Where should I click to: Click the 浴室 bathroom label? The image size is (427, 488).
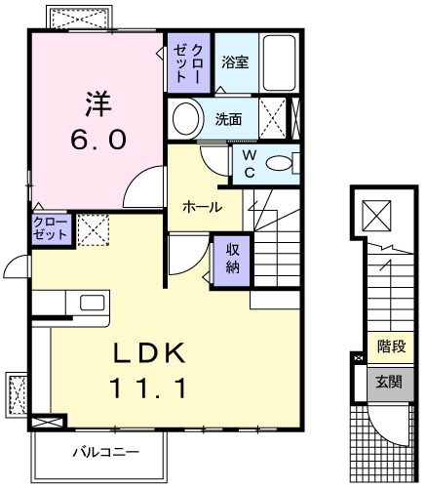[x=234, y=62]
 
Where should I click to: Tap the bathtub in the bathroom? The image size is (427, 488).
[x=281, y=62]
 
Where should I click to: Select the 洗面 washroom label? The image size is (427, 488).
[x=229, y=120]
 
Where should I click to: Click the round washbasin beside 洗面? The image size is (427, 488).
[x=184, y=120]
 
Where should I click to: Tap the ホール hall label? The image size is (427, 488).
[x=202, y=207]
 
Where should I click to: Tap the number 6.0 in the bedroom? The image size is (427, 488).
[x=97, y=140]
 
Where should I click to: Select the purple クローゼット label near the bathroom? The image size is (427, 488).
[x=186, y=61]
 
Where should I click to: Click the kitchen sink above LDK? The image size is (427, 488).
[x=92, y=302]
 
